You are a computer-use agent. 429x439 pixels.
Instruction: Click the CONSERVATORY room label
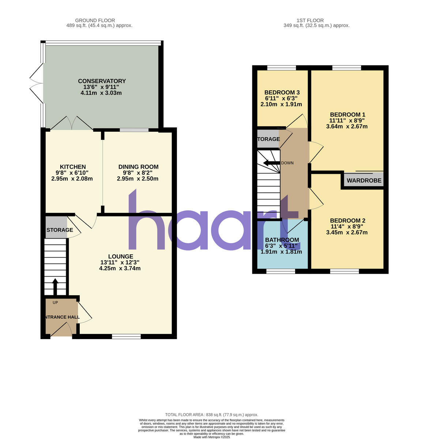click(102, 81)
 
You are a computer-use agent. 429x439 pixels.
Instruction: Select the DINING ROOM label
click(138, 167)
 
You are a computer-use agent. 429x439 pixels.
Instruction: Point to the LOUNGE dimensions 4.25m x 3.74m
click(120, 268)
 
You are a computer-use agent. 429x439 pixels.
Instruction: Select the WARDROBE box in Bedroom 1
click(364, 180)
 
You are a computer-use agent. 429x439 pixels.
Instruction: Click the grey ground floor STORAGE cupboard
click(56, 227)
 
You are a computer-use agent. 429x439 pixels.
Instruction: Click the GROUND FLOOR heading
click(95, 20)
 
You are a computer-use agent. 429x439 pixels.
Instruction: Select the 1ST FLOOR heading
click(310, 20)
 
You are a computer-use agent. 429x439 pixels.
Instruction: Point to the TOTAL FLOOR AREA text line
click(212, 414)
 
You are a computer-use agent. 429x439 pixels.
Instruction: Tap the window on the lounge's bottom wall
click(126, 336)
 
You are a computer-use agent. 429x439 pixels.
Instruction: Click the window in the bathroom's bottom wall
click(281, 271)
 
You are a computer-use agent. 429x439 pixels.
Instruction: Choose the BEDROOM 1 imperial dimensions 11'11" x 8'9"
click(347, 120)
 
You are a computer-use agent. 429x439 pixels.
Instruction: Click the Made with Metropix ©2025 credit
click(212, 437)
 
